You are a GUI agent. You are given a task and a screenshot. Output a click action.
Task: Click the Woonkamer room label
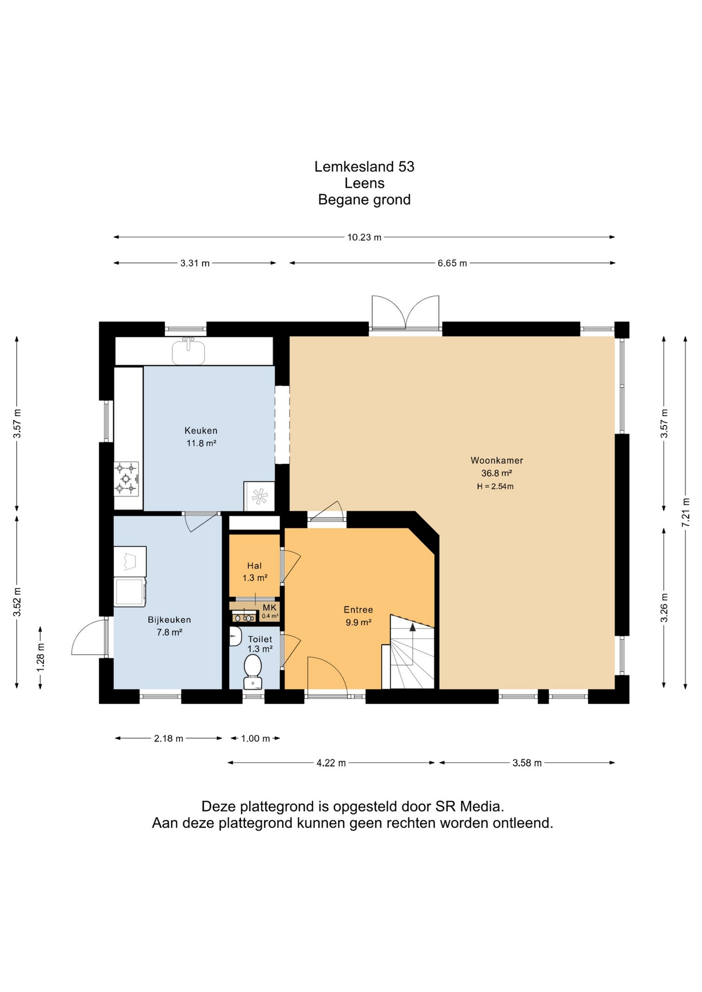pos(496,460)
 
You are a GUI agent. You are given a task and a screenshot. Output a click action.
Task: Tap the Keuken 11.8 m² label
pos(201,437)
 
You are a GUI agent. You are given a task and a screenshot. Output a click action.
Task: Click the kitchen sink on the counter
pos(188,351)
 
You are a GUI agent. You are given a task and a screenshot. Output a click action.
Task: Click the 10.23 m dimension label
pos(364,238)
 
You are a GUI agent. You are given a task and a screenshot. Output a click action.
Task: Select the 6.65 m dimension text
pos(452,263)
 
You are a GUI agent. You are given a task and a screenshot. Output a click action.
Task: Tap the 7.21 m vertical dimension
pos(685,512)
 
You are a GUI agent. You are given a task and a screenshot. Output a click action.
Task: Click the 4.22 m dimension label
pos(331,763)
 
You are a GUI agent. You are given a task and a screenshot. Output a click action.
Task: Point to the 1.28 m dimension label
pos(40,658)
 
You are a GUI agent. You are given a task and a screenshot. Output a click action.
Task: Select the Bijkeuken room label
pos(170,626)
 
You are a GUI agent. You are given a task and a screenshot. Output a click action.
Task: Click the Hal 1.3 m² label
pos(255,572)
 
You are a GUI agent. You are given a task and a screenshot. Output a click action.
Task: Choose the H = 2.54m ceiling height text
pos(495,486)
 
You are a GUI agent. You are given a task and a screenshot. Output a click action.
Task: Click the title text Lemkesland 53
pos(364,166)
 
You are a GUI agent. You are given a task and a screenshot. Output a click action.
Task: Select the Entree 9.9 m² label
pos(358,616)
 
